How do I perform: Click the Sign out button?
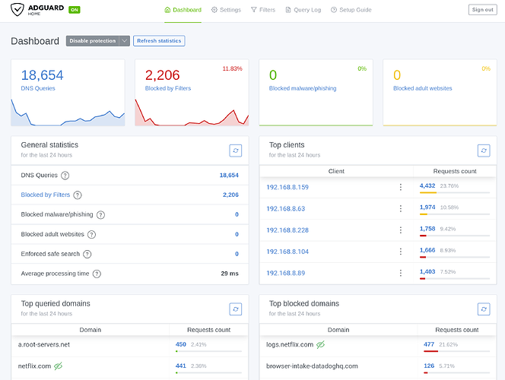(482, 10)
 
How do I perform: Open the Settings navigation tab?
(226, 10)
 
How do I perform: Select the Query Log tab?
(303, 10)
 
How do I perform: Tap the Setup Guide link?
(351, 10)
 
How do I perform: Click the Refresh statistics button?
(159, 41)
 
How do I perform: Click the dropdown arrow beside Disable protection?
(124, 41)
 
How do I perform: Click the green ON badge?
(75, 10)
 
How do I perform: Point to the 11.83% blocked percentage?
(232, 68)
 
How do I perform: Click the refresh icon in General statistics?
(236, 150)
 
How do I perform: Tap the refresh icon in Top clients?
(484, 150)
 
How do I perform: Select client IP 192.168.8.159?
(287, 187)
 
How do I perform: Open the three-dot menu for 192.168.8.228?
(401, 230)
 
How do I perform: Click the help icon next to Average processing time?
(97, 274)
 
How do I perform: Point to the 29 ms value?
(230, 274)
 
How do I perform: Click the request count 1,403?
(427, 271)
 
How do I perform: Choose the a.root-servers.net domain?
(44, 344)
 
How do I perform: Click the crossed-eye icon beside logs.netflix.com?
(320, 344)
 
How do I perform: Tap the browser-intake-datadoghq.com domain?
(312, 366)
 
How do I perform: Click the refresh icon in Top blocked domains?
(484, 309)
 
